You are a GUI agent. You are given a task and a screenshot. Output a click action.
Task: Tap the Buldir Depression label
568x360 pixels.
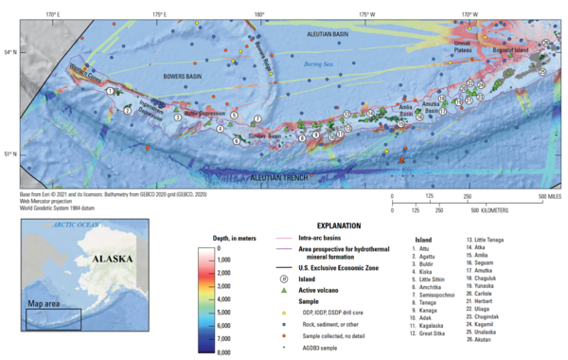[x=202, y=113]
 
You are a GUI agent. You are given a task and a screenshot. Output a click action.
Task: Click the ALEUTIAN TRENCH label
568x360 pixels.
[x=288, y=177]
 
